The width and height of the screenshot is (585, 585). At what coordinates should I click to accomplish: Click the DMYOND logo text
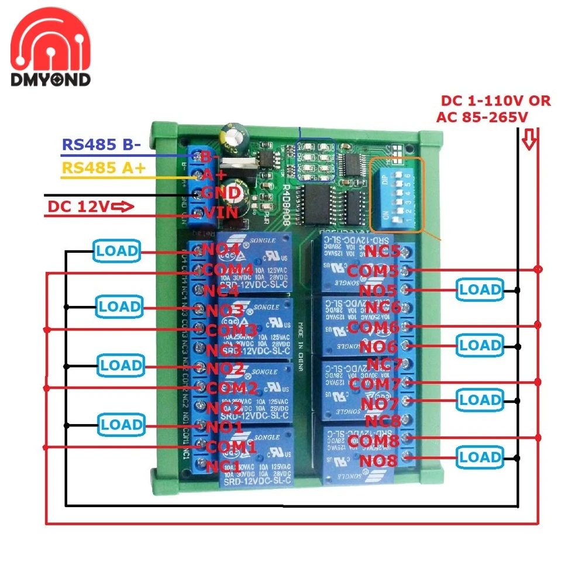pos(51,80)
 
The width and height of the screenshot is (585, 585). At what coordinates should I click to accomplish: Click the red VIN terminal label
pos(220,212)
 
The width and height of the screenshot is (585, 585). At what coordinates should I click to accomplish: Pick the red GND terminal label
pos(220,193)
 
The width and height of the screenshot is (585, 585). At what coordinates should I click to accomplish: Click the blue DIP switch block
pos(393,196)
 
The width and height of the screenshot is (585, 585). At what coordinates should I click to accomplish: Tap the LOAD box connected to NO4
pos(117,251)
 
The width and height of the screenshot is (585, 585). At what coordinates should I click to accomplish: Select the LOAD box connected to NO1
pos(121,425)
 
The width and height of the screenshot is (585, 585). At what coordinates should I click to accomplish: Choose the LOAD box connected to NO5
pos(480,290)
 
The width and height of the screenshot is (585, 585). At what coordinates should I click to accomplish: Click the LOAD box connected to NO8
pos(480,457)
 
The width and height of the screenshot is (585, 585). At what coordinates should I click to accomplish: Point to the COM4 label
pos(228,270)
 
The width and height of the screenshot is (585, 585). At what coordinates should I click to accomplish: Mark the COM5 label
pos(372,271)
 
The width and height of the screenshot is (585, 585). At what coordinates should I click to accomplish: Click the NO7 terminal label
pos(379,404)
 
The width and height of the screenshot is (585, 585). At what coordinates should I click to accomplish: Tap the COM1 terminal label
pos(232,446)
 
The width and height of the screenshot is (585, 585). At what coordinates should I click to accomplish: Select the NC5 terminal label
pos(383,252)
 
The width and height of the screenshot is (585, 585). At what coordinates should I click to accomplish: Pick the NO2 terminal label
pos(226,369)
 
